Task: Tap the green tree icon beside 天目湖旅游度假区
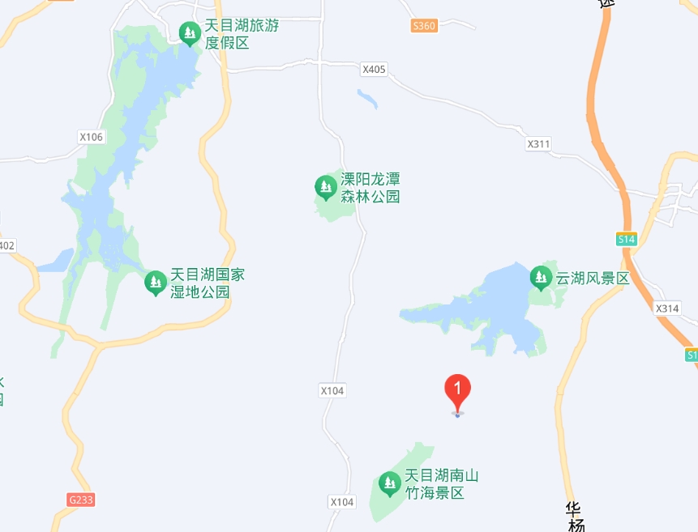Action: [190, 33]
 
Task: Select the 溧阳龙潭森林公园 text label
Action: [370, 187]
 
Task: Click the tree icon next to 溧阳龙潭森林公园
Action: [326, 188]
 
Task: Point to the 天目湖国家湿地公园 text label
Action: [207, 283]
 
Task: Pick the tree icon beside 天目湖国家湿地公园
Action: [155, 283]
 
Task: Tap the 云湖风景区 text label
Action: [592, 279]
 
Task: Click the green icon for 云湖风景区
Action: [541, 279]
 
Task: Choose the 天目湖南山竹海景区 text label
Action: [442, 483]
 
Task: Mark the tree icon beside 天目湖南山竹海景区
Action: [390, 484]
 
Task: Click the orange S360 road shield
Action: [424, 26]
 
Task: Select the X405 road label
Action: [374, 70]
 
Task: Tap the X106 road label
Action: [92, 137]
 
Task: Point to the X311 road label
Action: [538, 144]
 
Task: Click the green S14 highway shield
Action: [626, 239]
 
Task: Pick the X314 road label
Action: [667, 309]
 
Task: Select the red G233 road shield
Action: [81, 500]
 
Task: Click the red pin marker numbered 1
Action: [458, 392]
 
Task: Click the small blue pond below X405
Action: [367, 99]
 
